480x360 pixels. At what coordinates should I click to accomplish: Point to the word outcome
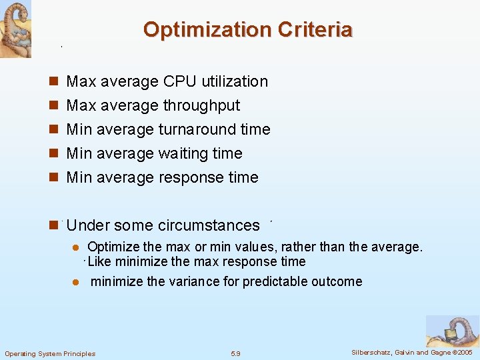pyautogui.click(x=337, y=281)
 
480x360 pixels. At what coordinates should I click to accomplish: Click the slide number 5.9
pyautogui.click(x=235, y=353)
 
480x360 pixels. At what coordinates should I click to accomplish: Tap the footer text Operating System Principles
pyautogui.click(x=50, y=353)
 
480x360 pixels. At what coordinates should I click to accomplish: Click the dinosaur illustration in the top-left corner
pyautogui.click(x=15, y=29)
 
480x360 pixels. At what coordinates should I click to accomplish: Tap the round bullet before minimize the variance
pyautogui.click(x=76, y=282)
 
